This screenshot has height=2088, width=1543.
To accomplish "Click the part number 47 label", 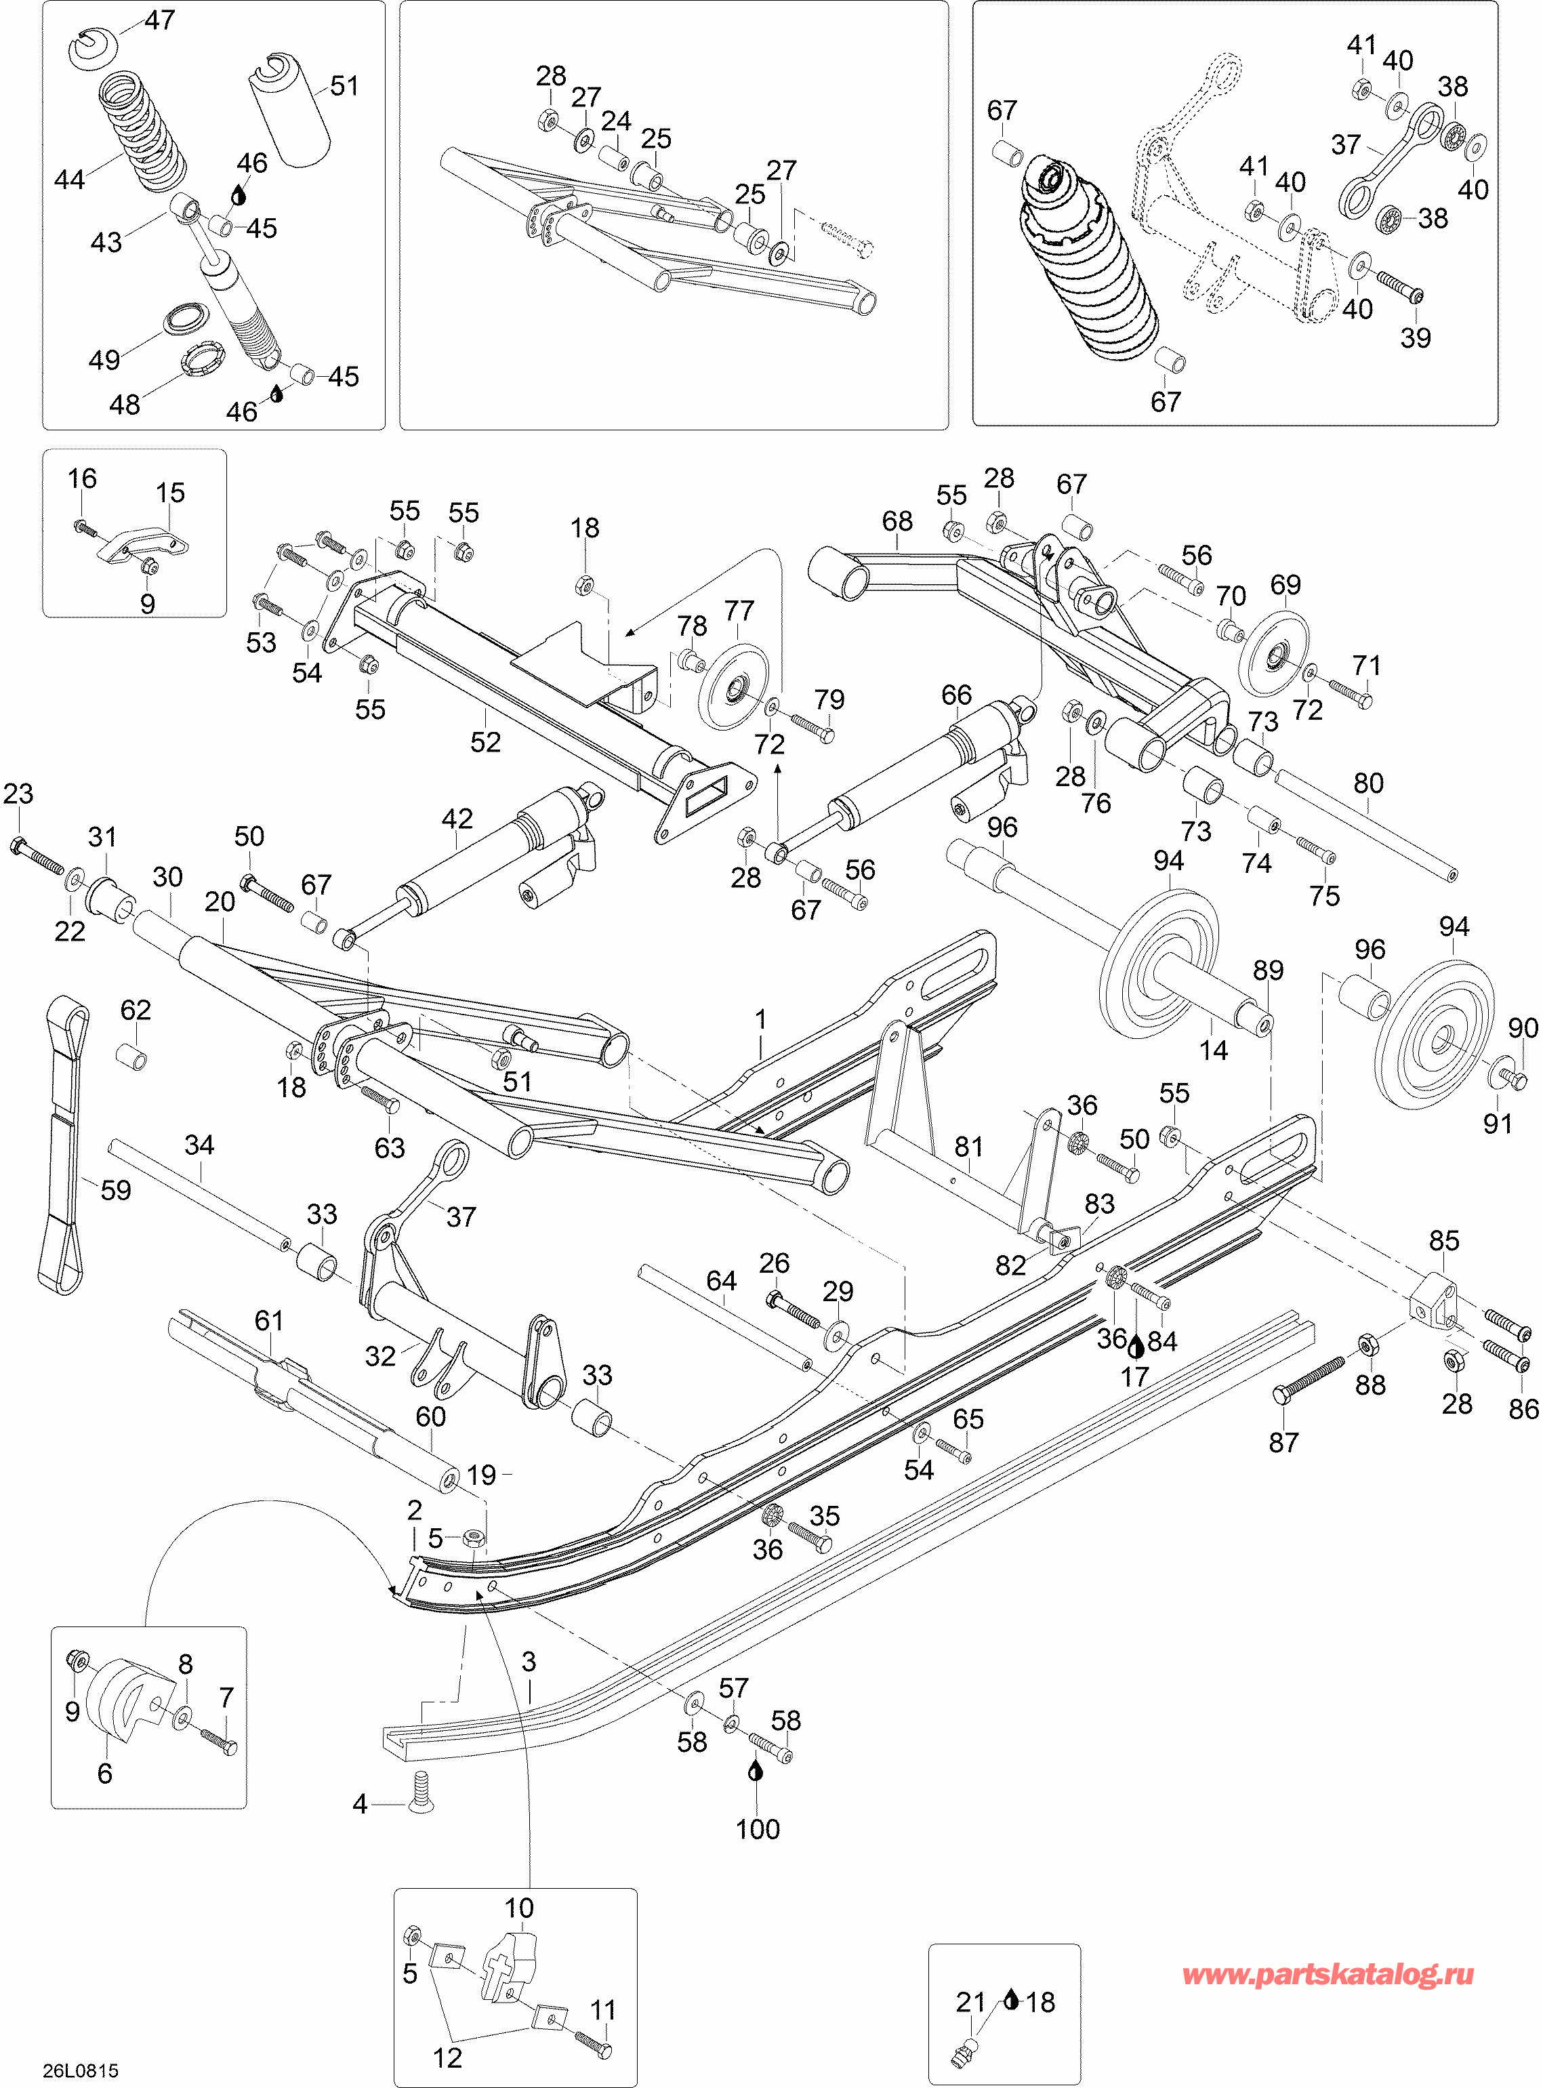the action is [161, 20].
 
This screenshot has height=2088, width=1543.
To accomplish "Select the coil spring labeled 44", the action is [143, 129].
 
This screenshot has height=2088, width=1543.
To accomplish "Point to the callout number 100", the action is [758, 1828].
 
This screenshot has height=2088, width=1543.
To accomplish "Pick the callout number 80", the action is [1368, 783].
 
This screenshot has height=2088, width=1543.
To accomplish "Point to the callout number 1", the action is [761, 1019].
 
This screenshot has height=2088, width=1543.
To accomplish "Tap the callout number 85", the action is [1444, 1241].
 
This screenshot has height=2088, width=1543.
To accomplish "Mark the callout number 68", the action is [898, 520].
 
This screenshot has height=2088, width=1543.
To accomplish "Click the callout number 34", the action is [199, 1145].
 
